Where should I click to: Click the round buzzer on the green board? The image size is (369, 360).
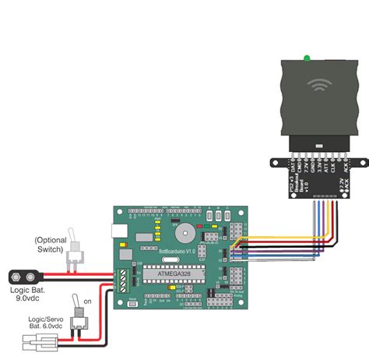coord(184,231)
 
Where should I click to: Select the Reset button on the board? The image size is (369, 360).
coord(133,303)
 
